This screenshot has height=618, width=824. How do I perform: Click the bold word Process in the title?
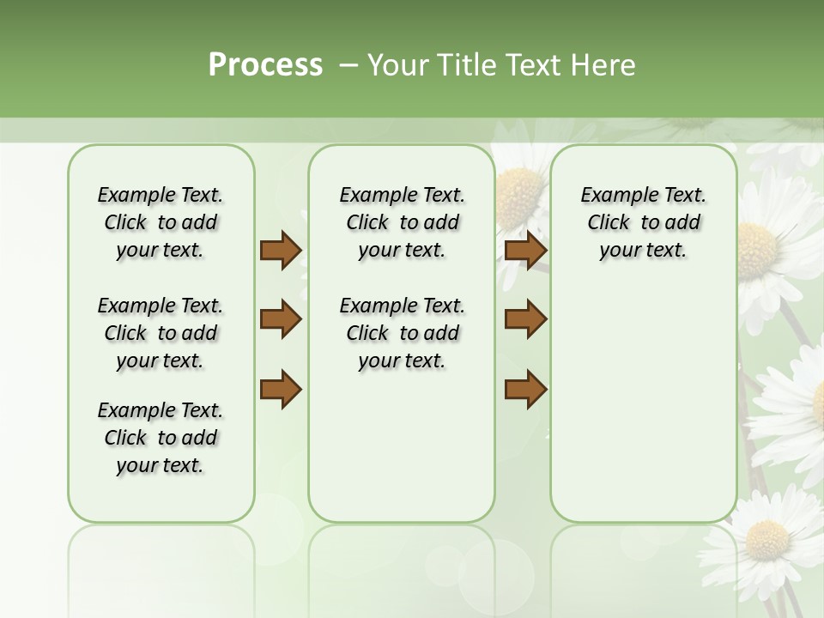(x=265, y=65)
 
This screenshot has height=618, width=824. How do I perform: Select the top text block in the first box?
(x=161, y=222)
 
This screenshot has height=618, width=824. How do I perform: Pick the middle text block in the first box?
(x=161, y=333)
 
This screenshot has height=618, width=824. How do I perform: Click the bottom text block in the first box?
(x=161, y=438)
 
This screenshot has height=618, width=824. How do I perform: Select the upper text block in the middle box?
(x=402, y=222)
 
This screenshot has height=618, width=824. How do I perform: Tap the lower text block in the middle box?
(x=402, y=333)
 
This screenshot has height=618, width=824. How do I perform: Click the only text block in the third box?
(x=643, y=222)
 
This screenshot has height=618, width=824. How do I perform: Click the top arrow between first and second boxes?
(x=281, y=251)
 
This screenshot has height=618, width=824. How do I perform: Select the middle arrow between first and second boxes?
(x=281, y=319)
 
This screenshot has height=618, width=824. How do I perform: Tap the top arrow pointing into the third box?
(x=526, y=251)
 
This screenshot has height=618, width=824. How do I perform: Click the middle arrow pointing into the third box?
(x=526, y=319)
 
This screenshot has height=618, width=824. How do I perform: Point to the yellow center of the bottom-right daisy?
(x=766, y=539)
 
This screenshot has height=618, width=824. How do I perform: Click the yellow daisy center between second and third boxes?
(x=518, y=187)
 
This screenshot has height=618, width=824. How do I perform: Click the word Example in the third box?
(x=613, y=196)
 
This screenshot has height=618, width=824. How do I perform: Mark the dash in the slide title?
(x=348, y=65)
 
